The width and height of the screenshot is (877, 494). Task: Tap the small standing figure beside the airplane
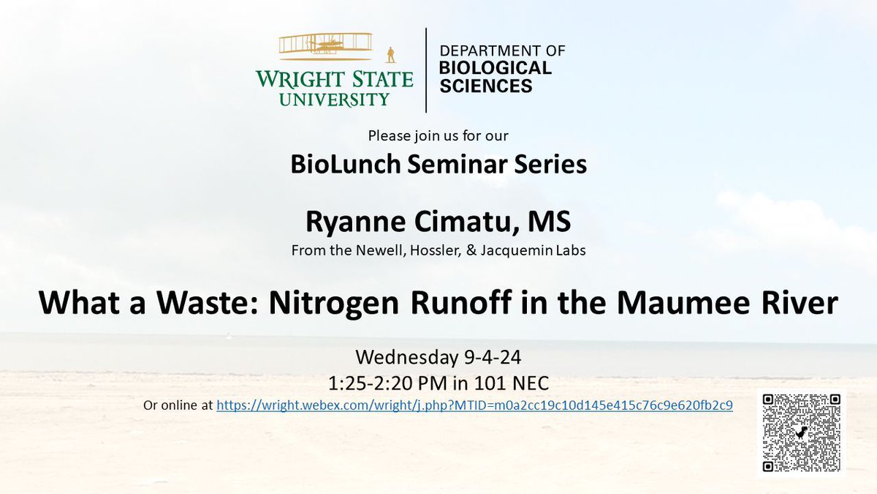pos(391,55)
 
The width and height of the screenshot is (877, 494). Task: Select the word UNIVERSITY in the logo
pos(333,99)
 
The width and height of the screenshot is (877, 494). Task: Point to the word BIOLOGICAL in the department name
pos(495,69)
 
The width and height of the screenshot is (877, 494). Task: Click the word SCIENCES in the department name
pos(485,86)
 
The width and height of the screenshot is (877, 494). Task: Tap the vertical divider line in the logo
pos(426,70)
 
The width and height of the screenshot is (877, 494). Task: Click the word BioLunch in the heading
pos(335,165)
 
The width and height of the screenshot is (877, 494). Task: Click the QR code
pos(802,433)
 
